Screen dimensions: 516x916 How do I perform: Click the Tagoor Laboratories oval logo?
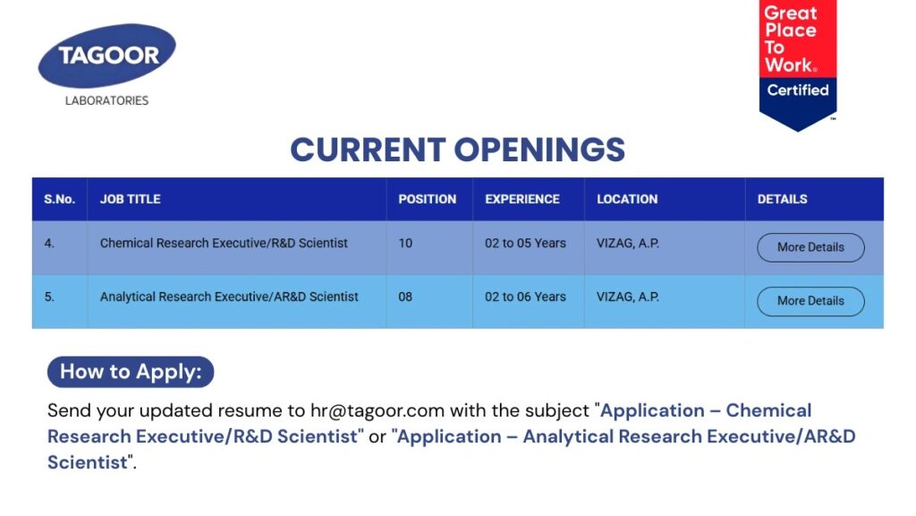tap(107, 56)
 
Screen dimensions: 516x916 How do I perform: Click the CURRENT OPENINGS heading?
tap(457, 150)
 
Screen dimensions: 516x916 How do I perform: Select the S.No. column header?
tap(59, 199)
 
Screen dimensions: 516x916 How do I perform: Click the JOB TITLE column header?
tap(131, 199)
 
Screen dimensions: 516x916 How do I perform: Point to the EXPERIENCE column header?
tap(522, 199)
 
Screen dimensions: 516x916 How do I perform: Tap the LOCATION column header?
tap(627, 199)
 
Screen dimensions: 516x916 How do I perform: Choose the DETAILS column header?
tap(782, 199)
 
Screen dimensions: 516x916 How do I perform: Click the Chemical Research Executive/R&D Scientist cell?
tap(224, 243)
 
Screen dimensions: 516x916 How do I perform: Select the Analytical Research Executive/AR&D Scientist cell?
tap(229, 297)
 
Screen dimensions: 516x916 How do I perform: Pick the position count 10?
tap(405, 243)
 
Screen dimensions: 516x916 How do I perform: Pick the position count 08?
tap(405, 297)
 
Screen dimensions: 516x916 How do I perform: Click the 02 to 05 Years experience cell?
tap(525, 243)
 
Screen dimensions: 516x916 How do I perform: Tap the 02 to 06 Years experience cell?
tap(525, 297)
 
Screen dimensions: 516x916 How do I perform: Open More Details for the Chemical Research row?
tap(810, 247)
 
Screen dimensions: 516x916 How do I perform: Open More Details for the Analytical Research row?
tap(810, 301)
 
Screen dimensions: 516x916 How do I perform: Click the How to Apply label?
tap(131, 372)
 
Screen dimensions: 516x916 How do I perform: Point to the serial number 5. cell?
tap(49, 297)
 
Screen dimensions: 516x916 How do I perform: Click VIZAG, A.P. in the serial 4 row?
tap(628, 243)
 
